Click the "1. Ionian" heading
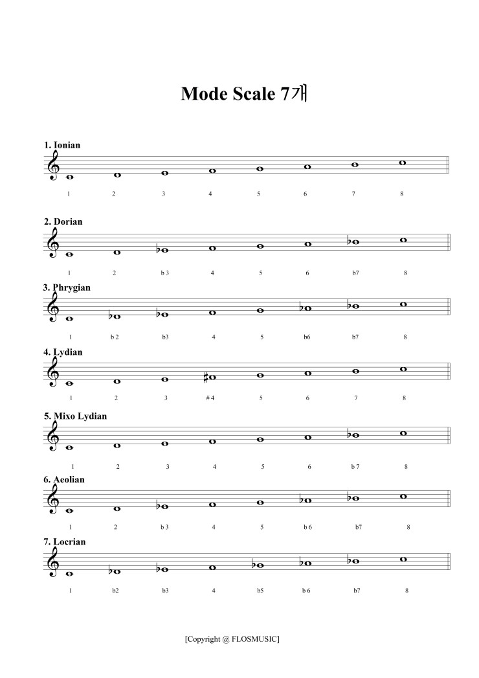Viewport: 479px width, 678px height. click(x=62, y=145)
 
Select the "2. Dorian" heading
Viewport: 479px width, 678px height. click(x=63, y=221)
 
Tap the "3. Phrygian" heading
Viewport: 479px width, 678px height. click(x=67, y=287)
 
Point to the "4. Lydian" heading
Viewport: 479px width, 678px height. click(x=63, y=352)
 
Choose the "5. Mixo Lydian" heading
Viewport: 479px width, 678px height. click(x=75, y=416)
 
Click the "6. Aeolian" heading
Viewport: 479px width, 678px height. click(x=64, y=480)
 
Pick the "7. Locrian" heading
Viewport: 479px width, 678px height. click(x=65, y=541)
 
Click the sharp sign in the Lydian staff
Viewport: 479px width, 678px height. click(x=206, y=377)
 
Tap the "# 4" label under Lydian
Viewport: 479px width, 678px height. click(x=210, y=398)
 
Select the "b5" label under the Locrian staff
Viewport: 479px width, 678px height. click(x=260, y=591)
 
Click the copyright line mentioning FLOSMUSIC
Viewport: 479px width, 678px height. click(x=232, y=639)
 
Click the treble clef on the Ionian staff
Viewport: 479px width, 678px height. click(x=54, y=165)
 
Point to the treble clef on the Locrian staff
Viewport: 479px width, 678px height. click(x=54, y=562)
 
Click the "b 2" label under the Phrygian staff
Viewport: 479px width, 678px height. click(x=115, y=337)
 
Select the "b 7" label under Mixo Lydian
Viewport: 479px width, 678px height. click(x=355, y=466)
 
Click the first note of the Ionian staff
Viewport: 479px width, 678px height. click(x=70, y=176)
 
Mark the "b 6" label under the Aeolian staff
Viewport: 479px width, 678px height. click(x=307, y=527)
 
